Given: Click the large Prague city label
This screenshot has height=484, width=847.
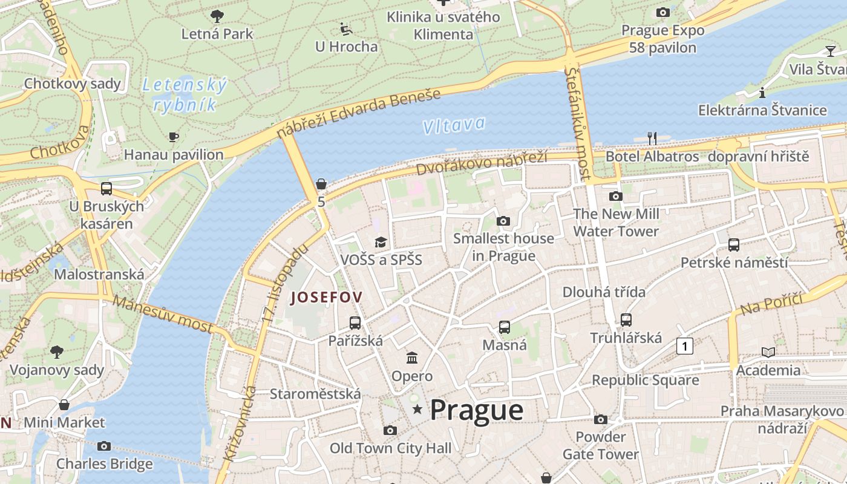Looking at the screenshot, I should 477,410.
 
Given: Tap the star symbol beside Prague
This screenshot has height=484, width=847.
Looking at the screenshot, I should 417,410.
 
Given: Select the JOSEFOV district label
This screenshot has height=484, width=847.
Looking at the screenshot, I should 327,297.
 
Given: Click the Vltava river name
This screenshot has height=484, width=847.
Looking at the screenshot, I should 454,125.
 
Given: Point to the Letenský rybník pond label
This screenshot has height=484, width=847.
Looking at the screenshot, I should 185,95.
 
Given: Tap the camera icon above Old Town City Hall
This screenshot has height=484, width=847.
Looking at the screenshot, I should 390,430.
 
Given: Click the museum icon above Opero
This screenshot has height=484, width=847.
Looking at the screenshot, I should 412,358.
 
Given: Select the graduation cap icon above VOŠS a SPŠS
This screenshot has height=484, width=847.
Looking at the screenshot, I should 381,243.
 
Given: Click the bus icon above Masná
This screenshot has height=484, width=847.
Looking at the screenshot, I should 505,327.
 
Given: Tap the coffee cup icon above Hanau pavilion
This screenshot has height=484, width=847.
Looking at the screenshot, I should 174,137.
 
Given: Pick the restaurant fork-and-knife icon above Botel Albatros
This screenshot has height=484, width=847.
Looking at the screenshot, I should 652,139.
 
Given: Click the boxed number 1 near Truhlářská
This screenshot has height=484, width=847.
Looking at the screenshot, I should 684,347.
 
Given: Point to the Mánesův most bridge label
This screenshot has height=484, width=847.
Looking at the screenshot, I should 163,314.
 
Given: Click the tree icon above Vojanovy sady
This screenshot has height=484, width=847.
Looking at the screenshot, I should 57,352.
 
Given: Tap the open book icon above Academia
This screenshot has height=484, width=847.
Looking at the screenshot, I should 768,352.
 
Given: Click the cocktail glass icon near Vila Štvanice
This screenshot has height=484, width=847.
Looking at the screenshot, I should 830,51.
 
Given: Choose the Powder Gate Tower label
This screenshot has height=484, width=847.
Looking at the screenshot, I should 600,445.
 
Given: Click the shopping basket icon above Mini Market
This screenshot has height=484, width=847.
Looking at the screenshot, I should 64,404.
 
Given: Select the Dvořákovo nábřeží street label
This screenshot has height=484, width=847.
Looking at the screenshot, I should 482,163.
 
